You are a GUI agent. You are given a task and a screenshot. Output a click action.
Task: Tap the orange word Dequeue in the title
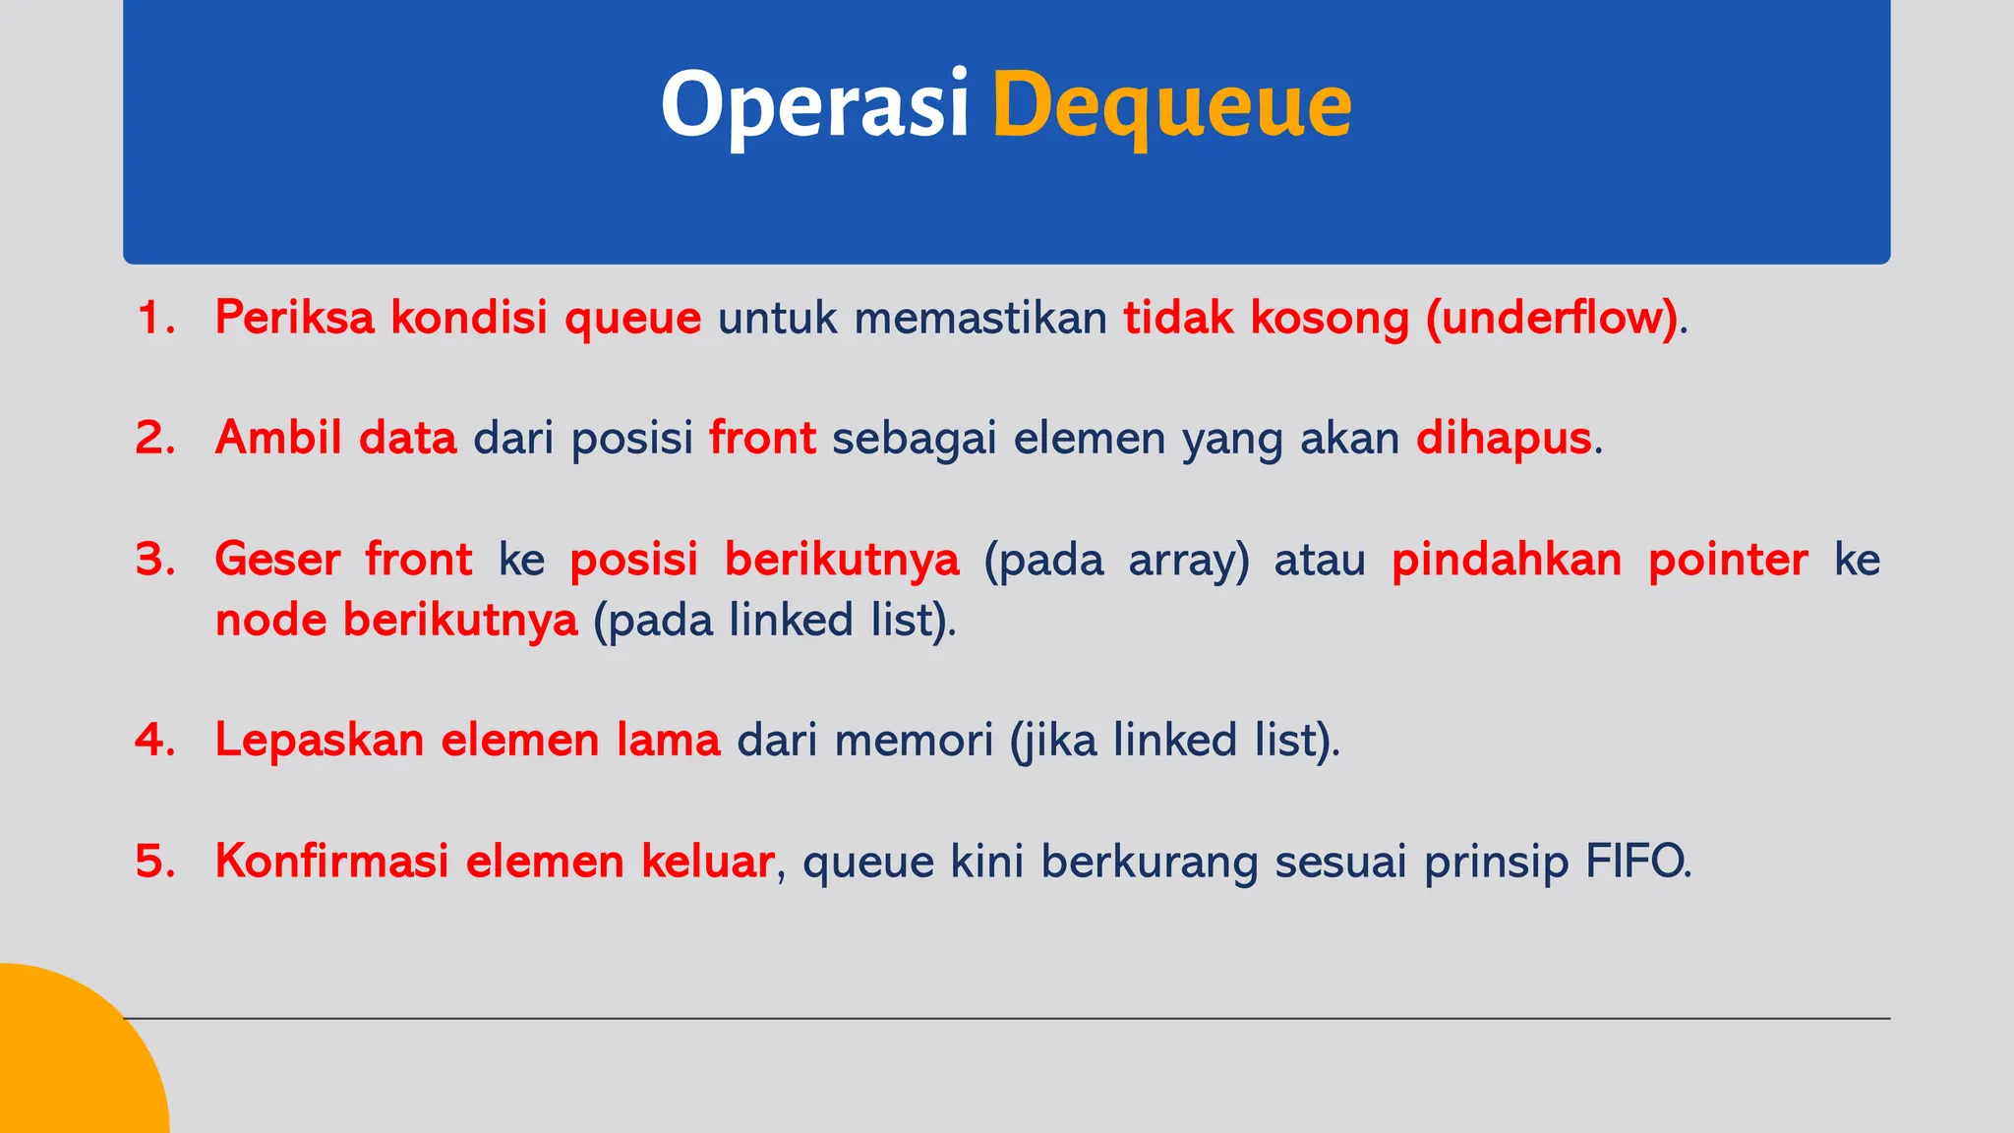coord(1171,106)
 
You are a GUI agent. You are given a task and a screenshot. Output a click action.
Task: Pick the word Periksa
coord(294,318)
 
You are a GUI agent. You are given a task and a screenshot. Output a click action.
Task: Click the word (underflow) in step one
coord(1552,318)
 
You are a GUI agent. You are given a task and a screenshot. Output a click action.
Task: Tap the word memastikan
coord(980,318)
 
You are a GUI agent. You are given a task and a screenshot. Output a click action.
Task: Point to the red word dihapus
coord(1503,438)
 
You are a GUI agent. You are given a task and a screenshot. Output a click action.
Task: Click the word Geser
coord(277,560)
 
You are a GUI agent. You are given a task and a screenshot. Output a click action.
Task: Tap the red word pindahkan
coord(1506,560)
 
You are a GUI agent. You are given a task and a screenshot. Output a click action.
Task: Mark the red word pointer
coord(1728,560)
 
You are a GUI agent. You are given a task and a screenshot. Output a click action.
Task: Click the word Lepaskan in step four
coord(319,740)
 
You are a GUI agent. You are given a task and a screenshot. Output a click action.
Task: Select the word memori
coord(914,740)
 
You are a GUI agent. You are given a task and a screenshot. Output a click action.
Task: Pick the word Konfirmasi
coord(331,862)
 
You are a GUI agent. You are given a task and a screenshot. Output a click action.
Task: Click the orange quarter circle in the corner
coord(69,1062)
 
